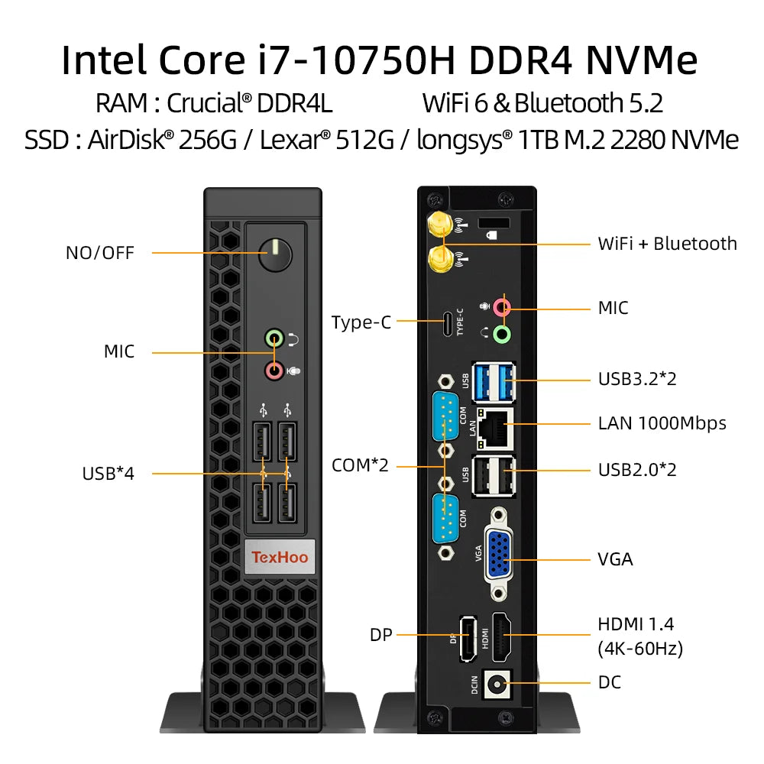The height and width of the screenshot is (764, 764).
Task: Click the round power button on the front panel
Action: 276,253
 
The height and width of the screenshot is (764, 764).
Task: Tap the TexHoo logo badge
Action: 280,557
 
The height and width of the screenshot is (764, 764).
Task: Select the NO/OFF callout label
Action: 99,253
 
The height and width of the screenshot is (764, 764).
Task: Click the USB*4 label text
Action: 108,474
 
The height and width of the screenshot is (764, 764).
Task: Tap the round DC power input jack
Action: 499,683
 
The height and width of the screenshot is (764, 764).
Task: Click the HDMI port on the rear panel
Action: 500,636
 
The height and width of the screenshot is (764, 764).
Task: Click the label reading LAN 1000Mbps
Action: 662,423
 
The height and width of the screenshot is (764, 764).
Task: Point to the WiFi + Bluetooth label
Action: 667,244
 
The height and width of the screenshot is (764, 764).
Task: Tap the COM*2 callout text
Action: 360,465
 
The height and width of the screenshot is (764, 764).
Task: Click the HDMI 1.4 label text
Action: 636,623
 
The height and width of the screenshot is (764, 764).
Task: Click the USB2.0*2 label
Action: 637,469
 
